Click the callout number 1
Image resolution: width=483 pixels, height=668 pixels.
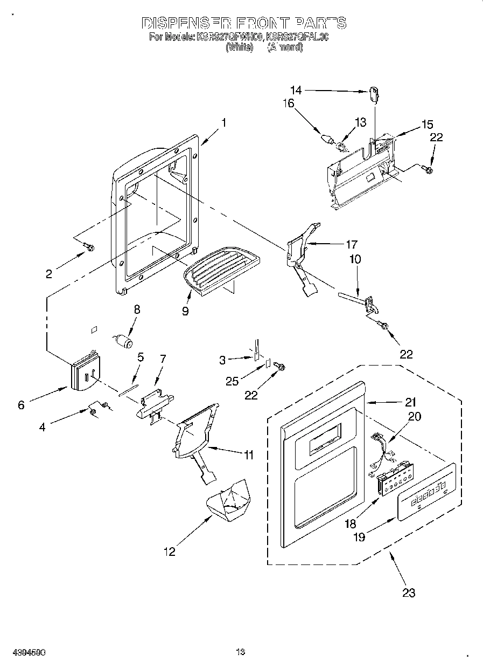point(223,122)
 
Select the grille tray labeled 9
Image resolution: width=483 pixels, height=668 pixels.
point(220,268)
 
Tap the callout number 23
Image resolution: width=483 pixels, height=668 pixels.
point(409,593)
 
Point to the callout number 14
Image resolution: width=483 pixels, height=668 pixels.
point(296,91)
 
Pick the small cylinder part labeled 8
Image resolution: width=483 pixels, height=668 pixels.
point(124,342)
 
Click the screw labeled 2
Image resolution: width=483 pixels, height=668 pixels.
point(90,247)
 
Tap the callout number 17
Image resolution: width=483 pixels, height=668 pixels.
point(352,244)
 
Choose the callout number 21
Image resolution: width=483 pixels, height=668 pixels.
point(411,402)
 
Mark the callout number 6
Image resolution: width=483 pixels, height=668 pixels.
point(21,405)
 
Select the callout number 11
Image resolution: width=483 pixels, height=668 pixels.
point(247,456)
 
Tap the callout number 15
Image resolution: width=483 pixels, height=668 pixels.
point(426,125)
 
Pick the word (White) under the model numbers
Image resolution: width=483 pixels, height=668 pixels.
point(239,47)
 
